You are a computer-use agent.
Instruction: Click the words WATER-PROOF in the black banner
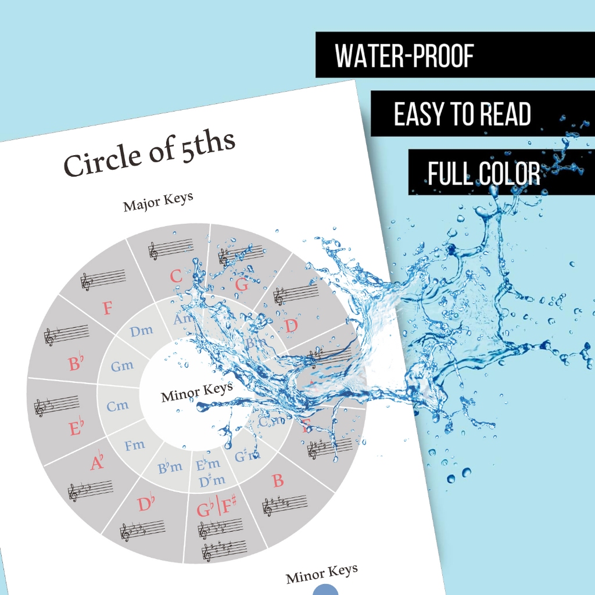point(404,55)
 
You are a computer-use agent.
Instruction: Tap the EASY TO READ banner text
point(463,114)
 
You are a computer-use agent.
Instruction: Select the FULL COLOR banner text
point(483,173)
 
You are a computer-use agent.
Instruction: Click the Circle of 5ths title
point(149,153)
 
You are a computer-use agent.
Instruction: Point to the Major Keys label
point(158,202)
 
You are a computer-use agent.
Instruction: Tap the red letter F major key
point(107,308)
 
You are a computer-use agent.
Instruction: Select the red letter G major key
point(242,284)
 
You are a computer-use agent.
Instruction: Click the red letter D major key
point(291,326)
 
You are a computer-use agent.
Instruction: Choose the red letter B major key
point(278,481)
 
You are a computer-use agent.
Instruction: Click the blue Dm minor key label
point(141,331)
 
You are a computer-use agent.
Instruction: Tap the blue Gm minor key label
point(122,366)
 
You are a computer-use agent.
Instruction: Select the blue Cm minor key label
point(117,406)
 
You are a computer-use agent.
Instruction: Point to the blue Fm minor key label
point(134,445)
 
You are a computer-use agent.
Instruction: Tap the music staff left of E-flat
point(56,405)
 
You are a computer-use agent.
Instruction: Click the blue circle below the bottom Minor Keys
point(325,589)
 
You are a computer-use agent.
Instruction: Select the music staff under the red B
point(284,504)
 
